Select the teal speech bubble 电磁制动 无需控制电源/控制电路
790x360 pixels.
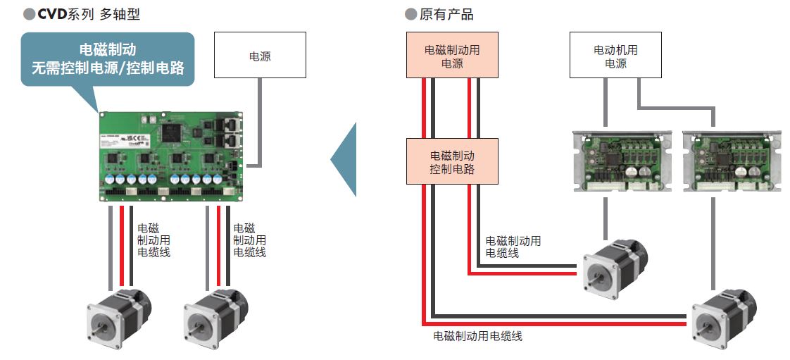[x=108, y=59]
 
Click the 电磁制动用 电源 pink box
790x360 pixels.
[x=451, y=55]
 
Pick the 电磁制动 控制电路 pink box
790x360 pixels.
[x=452, y=161]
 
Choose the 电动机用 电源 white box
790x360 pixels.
[x=615, y=56]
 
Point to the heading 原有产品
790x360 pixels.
[x=446, y=14]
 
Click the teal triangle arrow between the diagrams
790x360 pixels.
[x=345, y=159]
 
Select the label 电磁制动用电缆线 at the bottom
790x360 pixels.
[x=477, y=336]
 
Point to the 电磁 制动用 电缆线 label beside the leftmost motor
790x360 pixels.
[x=153, y=240]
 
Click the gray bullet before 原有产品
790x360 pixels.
[x=410, y=14]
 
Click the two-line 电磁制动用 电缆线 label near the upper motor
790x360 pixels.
[x=513, y=247]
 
